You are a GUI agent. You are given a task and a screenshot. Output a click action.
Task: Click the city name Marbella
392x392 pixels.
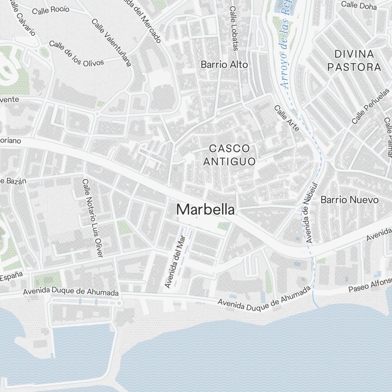(205, 210)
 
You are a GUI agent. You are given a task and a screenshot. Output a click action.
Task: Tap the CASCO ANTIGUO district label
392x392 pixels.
(229, 155)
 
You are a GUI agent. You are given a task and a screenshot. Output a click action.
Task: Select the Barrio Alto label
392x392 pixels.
(224, 65)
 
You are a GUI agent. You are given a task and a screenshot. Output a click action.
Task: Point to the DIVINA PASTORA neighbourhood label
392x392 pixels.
(354, 60)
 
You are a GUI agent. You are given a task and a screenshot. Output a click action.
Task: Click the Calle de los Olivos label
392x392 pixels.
(76, 53)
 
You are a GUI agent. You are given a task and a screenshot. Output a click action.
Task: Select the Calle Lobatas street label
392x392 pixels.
(234, 28)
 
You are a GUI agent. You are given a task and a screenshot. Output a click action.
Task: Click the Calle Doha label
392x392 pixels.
(359, 5)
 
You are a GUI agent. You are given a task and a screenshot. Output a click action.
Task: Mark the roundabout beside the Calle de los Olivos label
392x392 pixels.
(43, 51)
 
